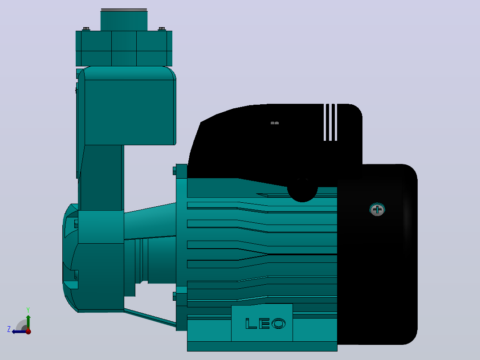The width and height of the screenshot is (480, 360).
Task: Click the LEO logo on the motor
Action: [x=265, y=323]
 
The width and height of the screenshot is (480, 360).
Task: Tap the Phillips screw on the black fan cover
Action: [x=377, y=210]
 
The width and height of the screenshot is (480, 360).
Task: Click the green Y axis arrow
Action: [x=28, y=322]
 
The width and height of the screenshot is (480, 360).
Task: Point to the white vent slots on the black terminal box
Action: [x=330, y=122]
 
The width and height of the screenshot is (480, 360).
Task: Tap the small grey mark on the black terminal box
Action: [x=275, y=123]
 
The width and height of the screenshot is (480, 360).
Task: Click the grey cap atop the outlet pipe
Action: [x=124, y=10]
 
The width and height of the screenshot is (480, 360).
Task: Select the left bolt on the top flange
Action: [x=86, y=29]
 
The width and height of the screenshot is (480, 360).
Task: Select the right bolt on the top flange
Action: [x=162, y=29]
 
